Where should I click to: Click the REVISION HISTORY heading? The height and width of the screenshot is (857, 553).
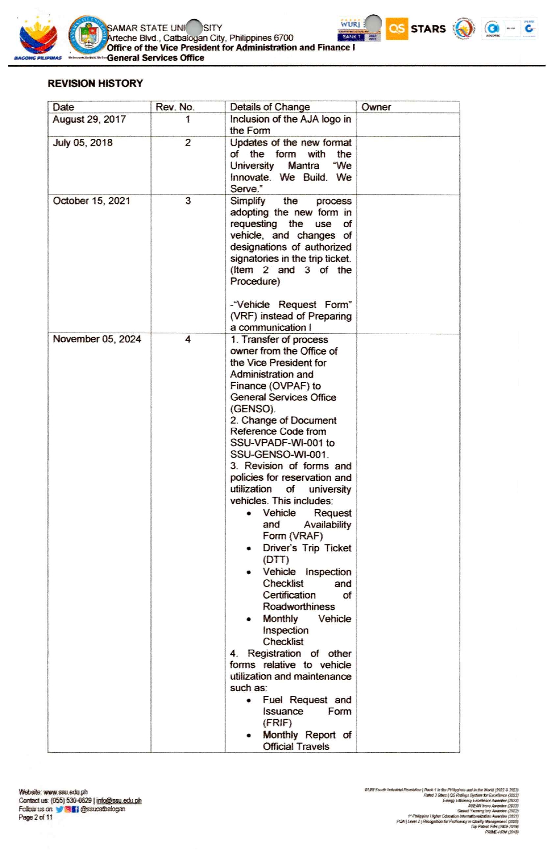[95, 83]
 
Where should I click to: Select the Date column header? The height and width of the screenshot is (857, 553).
[63, 107]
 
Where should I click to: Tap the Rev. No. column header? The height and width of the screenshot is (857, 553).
[175, 107]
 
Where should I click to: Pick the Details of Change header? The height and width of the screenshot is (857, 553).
[270, 107]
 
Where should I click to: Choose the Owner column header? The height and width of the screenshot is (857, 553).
[376, 107]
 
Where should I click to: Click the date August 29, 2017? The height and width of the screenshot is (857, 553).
[89, 119]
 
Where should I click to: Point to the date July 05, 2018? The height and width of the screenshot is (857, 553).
[82, 143]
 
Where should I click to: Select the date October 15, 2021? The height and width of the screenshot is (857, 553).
[91, 201]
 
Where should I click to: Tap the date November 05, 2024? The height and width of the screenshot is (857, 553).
[97, 339]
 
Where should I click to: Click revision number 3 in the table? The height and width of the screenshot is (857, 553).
[188, 201]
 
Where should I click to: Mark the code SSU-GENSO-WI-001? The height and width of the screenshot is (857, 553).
[279, 455]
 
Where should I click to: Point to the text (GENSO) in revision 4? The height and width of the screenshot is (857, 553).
[252, 409]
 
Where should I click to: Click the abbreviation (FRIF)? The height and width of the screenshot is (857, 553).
[277, 723]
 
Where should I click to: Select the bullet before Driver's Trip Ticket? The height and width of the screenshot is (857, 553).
[249, 548]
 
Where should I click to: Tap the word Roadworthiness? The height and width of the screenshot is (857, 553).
[299, 607]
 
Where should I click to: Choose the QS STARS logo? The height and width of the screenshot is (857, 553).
[416, 29]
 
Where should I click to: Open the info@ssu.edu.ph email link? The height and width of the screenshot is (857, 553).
[119, 801]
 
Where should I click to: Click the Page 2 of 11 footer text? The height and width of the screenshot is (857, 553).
[35, 817]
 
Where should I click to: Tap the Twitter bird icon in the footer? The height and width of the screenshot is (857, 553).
[59, 809]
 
